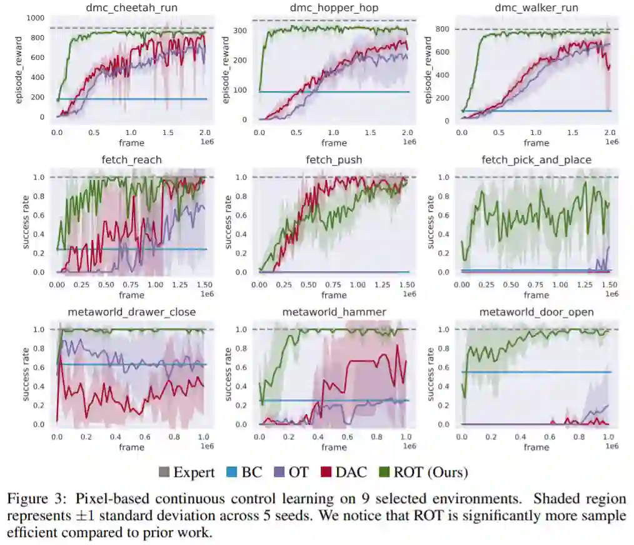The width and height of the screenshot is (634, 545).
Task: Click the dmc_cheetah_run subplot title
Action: pyautogui.click(x=131, y=8)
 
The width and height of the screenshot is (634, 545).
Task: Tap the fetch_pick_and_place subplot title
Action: pyautogui.click(x=536, y=160)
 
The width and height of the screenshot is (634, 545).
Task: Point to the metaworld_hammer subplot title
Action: pyautogui.click(x=334, y=312)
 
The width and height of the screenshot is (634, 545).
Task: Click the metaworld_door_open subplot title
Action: pyautogui.click(x=536, y=312)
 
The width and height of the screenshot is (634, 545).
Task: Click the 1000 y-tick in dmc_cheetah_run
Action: pyautogui.click(x=35, y=17)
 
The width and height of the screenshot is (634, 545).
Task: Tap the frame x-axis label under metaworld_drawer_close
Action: pyautogui.click(x=131, y=447)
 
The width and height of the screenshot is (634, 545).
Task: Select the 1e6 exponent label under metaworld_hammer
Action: pyautogui.click(x=409, y=446)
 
